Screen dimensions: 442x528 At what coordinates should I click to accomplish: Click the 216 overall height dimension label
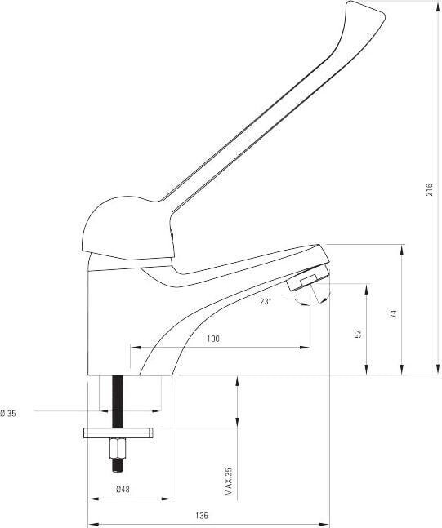(x=429, y=190)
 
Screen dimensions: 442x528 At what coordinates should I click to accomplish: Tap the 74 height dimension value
(x=394, y=314)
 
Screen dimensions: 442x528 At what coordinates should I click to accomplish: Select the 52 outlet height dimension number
(x=358, y=333)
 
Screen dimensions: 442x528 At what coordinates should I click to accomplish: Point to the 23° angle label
(x=265, y=302)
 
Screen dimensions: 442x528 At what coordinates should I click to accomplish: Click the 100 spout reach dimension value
(x=212, y=339)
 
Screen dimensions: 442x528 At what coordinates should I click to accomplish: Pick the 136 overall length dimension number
(x=202, y=516)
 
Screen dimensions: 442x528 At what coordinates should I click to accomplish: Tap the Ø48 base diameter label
(x=123, y=490)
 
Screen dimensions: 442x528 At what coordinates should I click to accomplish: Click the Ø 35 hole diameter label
(x=8, y=414)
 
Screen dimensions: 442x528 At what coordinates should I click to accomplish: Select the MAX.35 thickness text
(x=229, y=481)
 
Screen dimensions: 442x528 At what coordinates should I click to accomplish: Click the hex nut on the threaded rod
(x=118, y=448)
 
